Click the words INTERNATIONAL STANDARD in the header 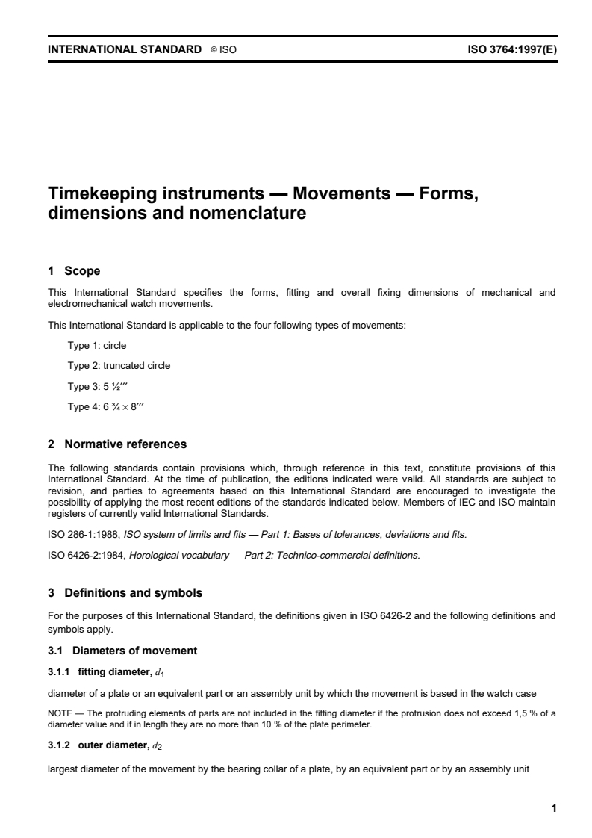click(x=125, y=49)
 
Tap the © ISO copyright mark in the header click(x=223, y=49)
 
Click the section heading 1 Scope click(x=74, y=270)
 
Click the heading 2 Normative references click(x=117, y=444)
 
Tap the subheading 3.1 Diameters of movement click(x=122, y=651)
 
